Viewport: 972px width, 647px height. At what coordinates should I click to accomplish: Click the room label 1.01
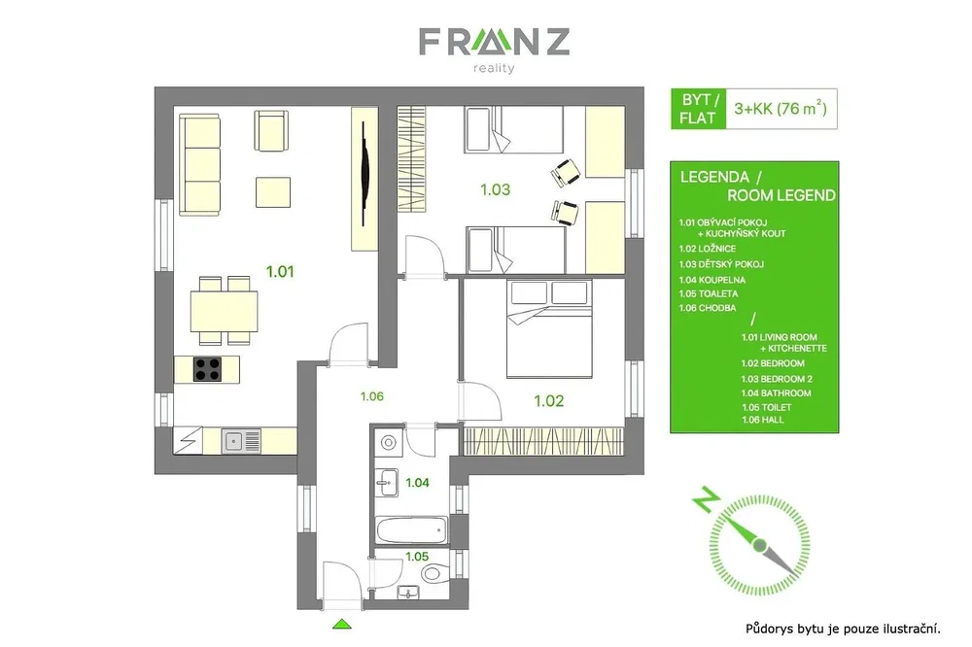(280, 271)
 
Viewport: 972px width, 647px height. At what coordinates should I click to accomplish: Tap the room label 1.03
(496, 189)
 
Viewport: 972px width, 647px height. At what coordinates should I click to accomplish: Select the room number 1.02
(549, 401)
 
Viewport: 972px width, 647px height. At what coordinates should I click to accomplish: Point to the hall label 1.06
(372, 396)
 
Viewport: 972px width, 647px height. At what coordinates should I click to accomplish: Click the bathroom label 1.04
(417, 482)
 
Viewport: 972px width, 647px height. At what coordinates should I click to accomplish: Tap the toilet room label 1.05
(417, 557)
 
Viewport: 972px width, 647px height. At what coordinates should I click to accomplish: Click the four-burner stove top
(207, 369)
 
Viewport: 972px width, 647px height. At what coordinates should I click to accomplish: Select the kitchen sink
(242, 441)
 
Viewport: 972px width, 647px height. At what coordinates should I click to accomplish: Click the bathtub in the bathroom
(411, 530)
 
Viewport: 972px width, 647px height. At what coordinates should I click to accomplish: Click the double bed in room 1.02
(549, 328)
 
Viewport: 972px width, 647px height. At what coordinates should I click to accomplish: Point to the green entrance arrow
(341, 624)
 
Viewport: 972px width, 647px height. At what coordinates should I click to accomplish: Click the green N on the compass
(706, 499)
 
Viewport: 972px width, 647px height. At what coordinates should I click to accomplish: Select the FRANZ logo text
(494, 42)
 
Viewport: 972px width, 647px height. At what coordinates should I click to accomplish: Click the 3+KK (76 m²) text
(781, 109)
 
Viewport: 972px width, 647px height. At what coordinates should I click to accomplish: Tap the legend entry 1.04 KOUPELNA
(712, 280)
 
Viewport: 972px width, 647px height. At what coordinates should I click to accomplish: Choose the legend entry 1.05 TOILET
(767, 407)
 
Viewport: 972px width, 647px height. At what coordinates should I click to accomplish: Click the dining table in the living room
(224, 311)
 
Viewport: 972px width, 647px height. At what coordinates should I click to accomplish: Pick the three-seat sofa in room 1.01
(199, 164)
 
